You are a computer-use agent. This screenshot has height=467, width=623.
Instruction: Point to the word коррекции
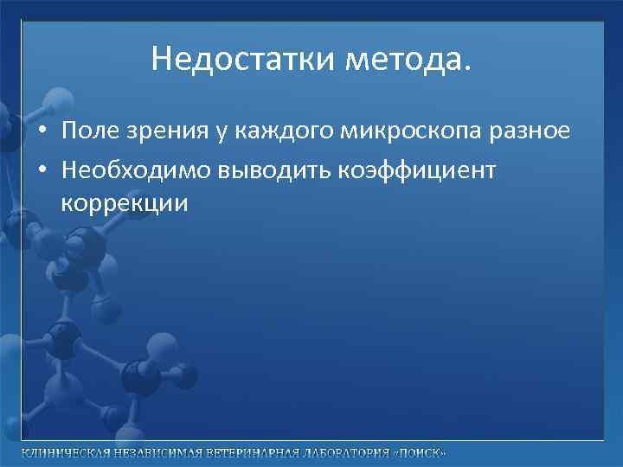(125, 204)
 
